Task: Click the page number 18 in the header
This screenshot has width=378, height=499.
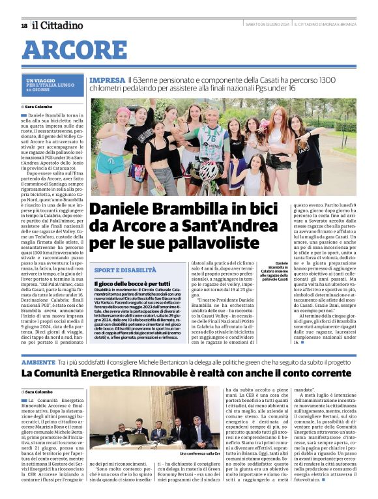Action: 24,25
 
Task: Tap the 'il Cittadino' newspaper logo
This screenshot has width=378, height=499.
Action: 59,25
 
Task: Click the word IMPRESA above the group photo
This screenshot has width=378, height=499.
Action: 107,79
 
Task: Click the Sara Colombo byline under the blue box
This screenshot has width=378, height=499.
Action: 40,106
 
